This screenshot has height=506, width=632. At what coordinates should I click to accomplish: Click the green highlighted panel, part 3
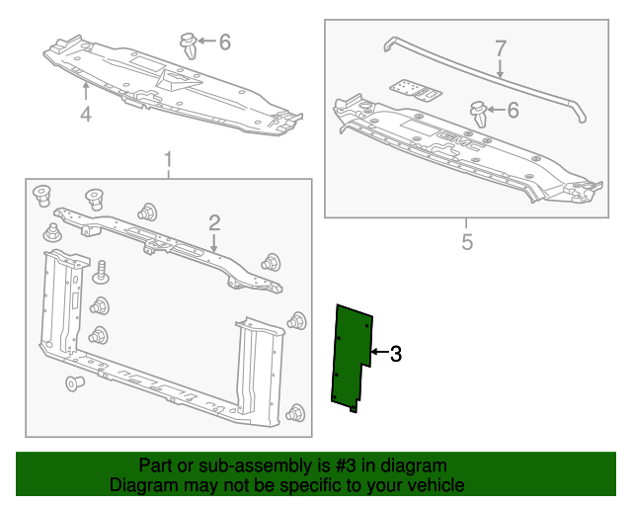click(x=350, y=356)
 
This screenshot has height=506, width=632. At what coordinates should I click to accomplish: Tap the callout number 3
click(x=396, y=353)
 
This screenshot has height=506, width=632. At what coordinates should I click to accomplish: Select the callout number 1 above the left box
click(x=168, y=159)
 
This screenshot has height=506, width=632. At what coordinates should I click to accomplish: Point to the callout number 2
click(x=213, y=222)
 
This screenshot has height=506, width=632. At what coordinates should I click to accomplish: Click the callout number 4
click(x=86, y=115)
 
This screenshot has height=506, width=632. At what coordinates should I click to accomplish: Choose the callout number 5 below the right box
click(x=467, y=241)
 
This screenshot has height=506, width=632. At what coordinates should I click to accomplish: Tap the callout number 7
click(x=500, y=47)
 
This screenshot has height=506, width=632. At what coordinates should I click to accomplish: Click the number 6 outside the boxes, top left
click(x=224, y=42)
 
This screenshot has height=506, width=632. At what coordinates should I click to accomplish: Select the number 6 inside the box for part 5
click(x=513, y=110)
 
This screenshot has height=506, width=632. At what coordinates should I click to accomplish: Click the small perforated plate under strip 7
click(x=415, y=89)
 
